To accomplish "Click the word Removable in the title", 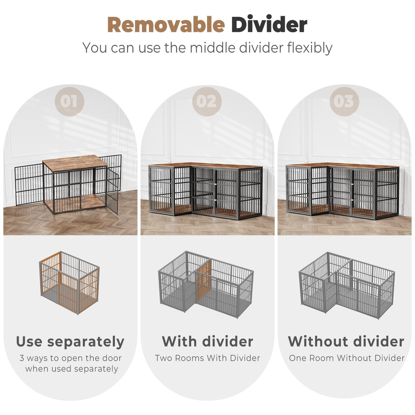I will pos(166,25).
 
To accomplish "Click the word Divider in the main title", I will pos(269,25).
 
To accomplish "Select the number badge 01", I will pos(69,101).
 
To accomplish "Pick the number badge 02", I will pos(207,101).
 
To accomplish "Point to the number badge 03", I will pos(344,101).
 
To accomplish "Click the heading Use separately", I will pos(70,342).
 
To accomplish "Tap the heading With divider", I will pos(207,342).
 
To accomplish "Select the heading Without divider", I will pos(346,342).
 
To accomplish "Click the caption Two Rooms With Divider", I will pos(207,358).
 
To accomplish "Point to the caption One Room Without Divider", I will pos(347,358).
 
